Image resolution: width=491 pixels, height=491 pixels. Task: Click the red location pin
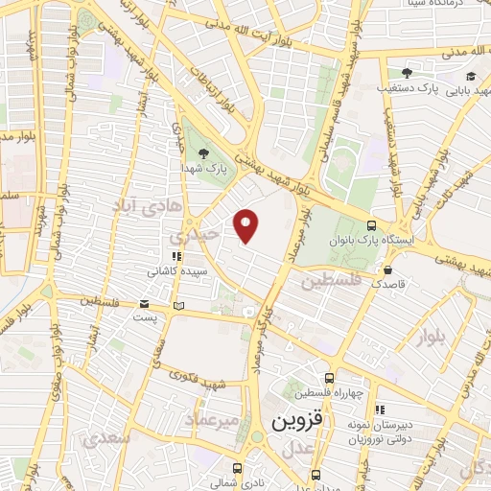tap(246, 225)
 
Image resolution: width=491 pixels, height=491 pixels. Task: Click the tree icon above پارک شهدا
tap(201, 152)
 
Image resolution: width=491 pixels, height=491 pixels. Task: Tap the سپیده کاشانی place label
tap(176, 271)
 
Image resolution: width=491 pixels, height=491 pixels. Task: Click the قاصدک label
tap(389, 284)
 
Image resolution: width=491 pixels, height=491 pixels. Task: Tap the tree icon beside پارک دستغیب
tap(407, 73)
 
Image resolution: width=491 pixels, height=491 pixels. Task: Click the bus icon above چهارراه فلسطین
tap(330, 378)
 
